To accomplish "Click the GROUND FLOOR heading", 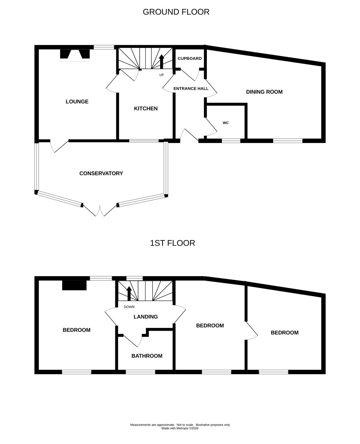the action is [176, 12].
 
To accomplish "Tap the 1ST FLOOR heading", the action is [173, 243].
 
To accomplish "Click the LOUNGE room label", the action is [77, 102].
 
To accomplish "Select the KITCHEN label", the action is [145, 108].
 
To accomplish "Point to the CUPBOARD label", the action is [190, 58].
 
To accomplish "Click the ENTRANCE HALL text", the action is [191, 88].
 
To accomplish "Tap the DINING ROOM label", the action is [264, 92].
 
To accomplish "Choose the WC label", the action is [226, 123].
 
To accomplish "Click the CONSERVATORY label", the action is [101, 173].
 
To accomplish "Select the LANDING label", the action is [145, 316].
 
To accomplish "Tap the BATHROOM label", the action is [147, 356].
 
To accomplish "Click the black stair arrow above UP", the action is [162, 61].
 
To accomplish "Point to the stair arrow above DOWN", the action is [129, 293].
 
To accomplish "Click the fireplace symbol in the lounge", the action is [75, 55].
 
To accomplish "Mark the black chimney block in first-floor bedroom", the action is [74, 285].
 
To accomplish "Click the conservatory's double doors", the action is [100, 210].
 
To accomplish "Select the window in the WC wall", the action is [231, 141].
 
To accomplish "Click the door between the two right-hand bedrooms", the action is [252, 330].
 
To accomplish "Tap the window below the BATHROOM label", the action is [141, 372].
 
